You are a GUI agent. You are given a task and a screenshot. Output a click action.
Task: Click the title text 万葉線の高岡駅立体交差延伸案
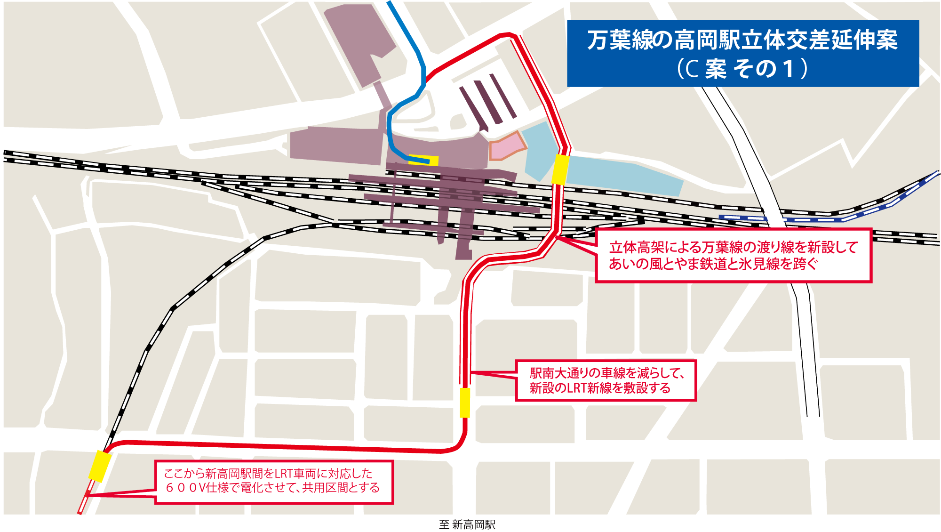click(x=742, y=40)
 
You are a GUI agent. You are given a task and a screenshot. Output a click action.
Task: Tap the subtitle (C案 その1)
click(x=742, y=69)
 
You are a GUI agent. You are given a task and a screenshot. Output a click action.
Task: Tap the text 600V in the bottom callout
click(x=185, y=488)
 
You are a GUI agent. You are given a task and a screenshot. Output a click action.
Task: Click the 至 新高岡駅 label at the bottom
click(x=467, y=524)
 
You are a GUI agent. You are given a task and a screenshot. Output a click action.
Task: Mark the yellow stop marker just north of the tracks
click(x=560, y=169)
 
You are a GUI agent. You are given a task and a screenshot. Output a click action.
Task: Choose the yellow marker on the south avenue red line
click(x=465, y=403)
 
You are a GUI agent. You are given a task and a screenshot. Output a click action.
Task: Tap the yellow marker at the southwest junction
click(x=100, y=466)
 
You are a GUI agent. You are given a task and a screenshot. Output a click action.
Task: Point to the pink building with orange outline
click(x=507, y=146)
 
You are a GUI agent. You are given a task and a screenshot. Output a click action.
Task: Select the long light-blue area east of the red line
click(x=621, y=177)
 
